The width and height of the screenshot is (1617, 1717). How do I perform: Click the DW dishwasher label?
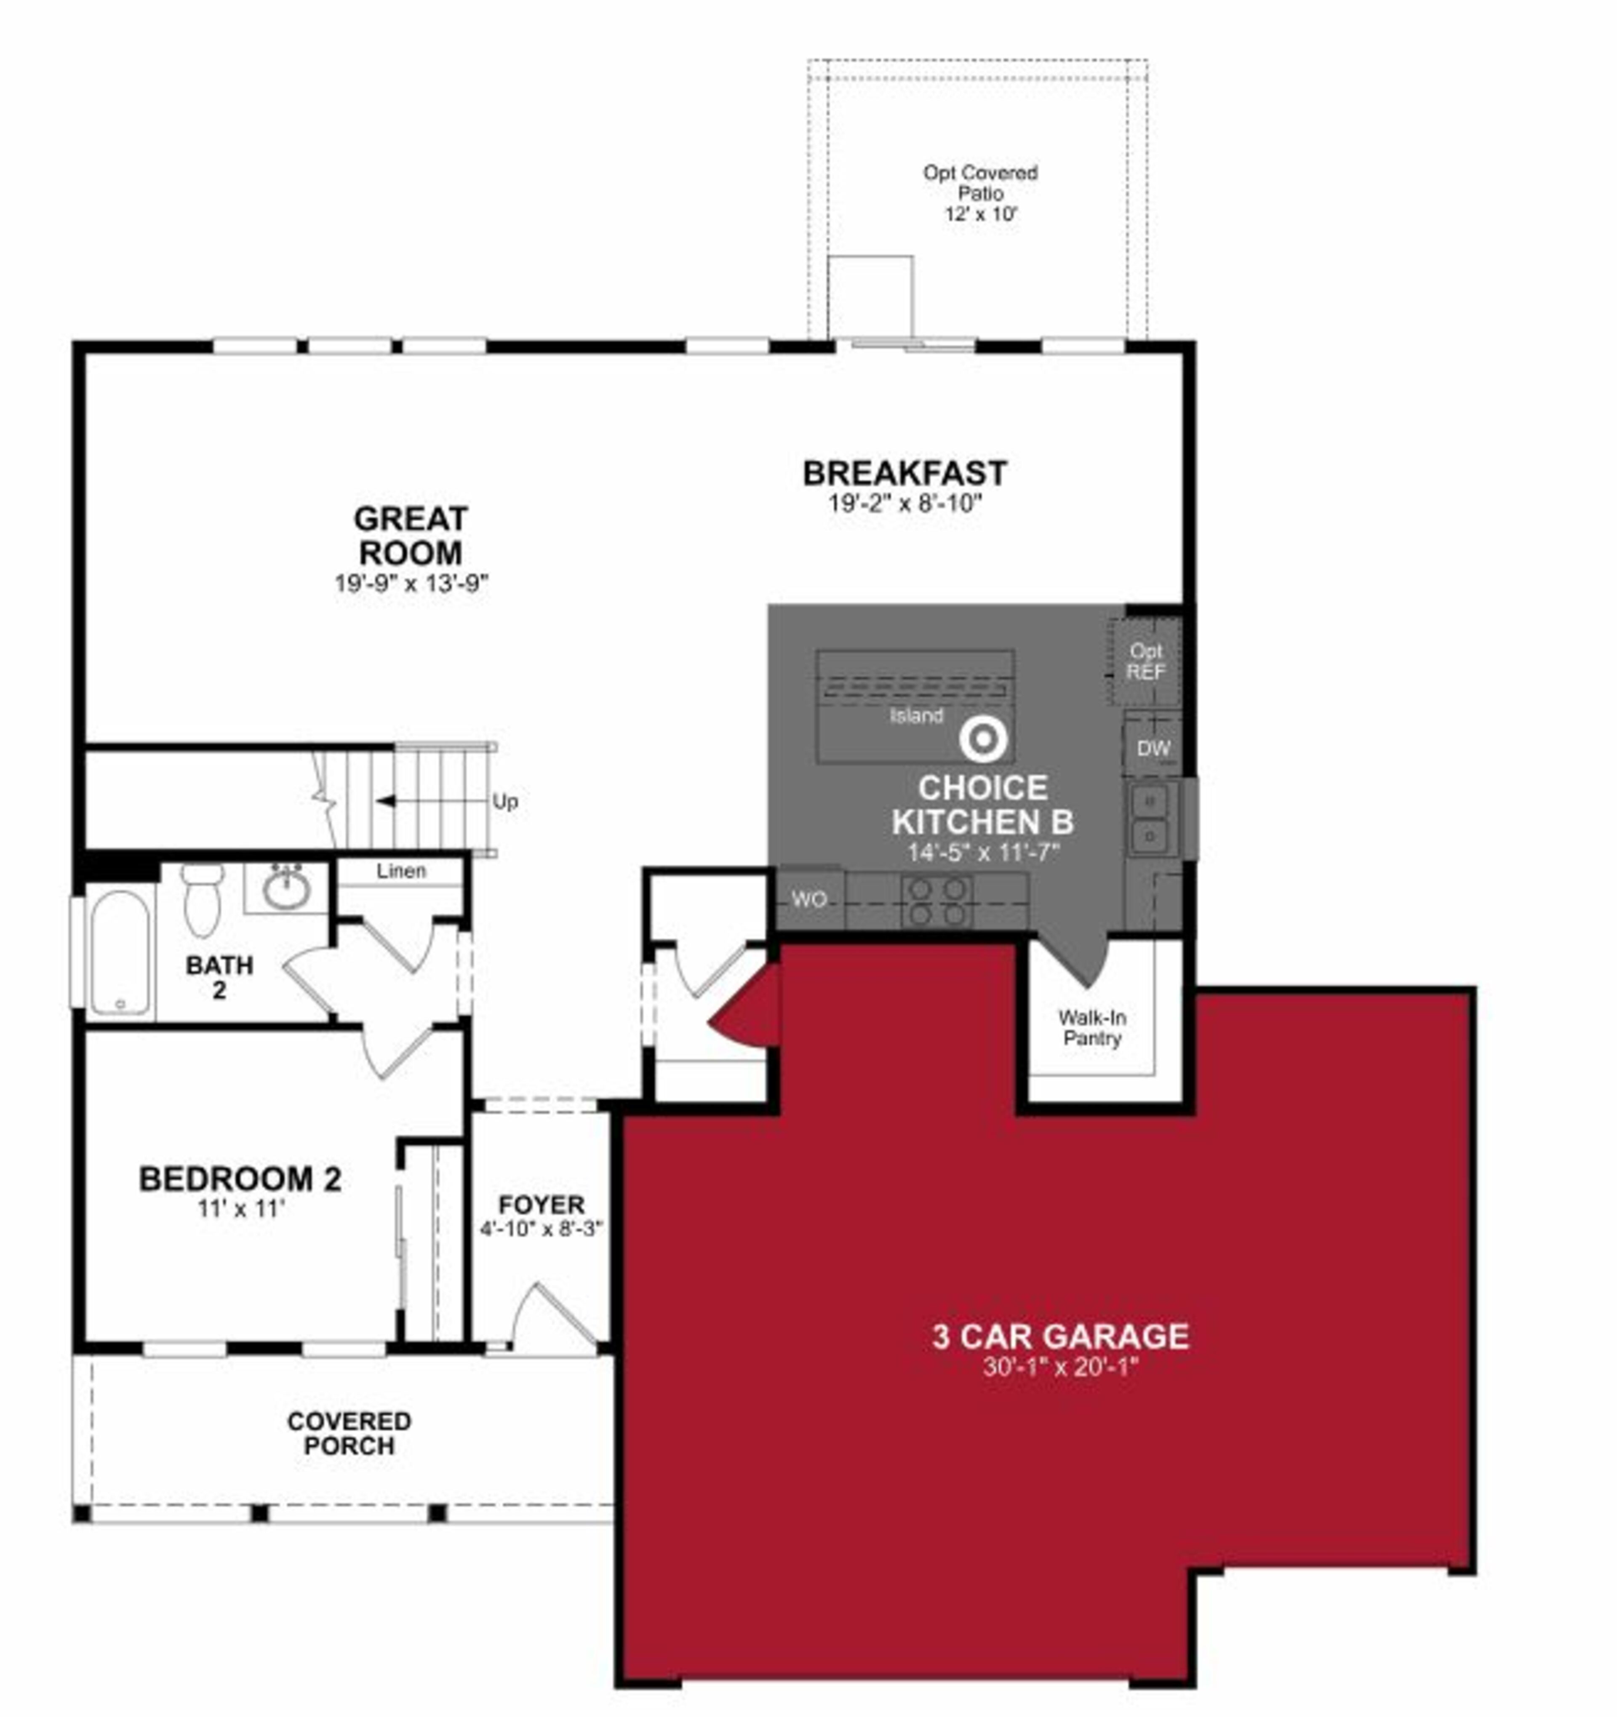[1153, 749]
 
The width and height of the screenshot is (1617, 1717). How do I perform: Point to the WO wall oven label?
[808, 899]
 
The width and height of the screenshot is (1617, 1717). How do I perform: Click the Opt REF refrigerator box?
[1145, 661]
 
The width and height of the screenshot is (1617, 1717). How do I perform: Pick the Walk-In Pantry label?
[1092, 1028]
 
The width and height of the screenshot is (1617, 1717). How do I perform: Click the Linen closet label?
[401, 871]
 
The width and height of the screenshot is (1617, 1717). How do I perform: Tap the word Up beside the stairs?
[505, 802]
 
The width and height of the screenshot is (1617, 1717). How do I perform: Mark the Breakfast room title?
[905, 473]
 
